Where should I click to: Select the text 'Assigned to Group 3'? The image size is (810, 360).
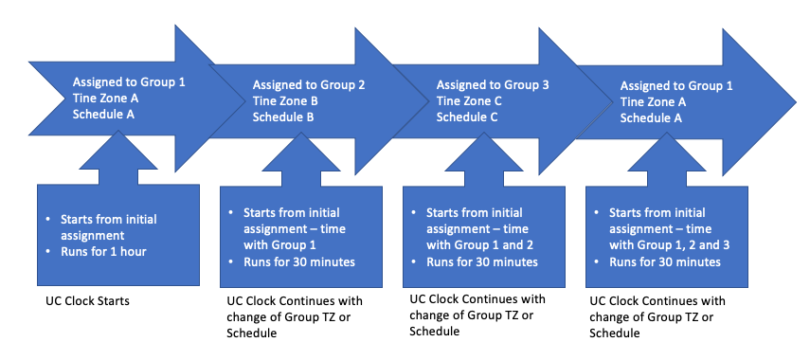(x=492, y=84)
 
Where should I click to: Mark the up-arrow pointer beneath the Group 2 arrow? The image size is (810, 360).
(x=301, y=167)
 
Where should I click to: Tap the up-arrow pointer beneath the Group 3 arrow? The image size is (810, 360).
(x=485, y=167)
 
